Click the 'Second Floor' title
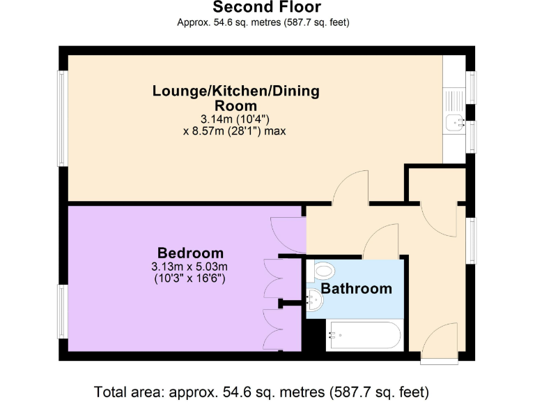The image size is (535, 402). tap(267, 7)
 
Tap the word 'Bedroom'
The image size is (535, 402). tap(190, 253)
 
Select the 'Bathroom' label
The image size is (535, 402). tap(356, 289)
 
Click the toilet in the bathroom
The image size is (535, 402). tap(320, 271)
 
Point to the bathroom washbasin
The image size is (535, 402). tap(315, 300)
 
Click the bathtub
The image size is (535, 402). tap(364, 335)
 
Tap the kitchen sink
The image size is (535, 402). tap(454, 121)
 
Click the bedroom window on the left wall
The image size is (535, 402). tap(63, 311)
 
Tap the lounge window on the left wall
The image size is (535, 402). tap(63, 118)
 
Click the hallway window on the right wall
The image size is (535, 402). tap(470, 241)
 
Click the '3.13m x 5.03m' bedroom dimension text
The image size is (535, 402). tap(189, 267)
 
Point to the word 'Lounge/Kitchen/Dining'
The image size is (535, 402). tap(235, 91)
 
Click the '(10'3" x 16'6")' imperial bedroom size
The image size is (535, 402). tap(189, 278)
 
